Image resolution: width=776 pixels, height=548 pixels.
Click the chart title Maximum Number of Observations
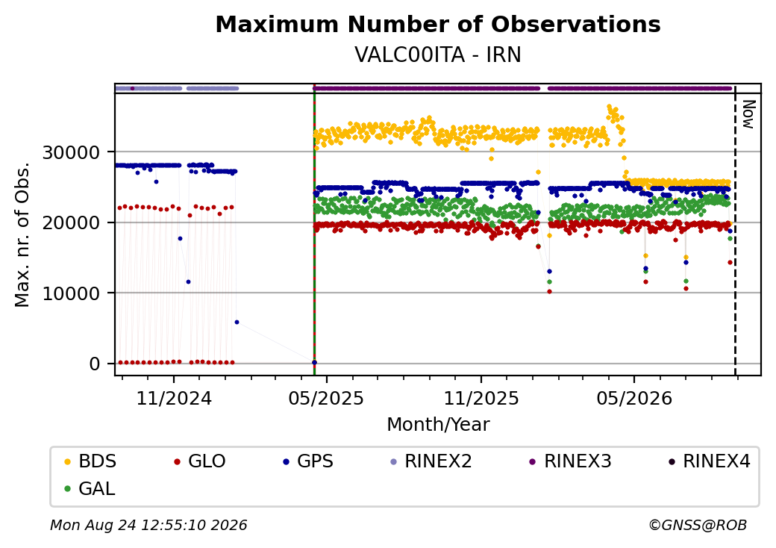coord(438,24)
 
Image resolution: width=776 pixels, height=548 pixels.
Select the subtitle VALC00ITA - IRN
coord(438,55)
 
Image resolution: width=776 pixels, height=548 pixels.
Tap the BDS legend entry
coord(90,461)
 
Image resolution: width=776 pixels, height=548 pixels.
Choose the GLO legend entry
coord(200,461)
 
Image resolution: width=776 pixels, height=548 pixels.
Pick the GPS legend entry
coord(308,461)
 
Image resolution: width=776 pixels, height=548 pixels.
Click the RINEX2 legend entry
coord(431,461)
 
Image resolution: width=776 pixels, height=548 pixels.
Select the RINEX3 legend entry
coord(571,461)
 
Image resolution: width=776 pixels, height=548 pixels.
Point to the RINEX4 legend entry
coord(709,461)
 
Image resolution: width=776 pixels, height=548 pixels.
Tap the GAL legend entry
coord(90,488)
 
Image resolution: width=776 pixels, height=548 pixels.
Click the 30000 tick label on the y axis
coord(72,152)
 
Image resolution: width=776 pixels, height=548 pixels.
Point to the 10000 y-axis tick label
coord(72,293)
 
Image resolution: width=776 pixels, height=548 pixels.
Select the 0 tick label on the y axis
coord(95,364)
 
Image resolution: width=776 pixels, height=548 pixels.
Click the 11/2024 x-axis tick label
coord(174,398)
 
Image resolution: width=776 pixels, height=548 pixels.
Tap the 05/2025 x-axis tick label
coord(326,398)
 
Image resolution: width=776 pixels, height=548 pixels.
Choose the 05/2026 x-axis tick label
coord(634,398)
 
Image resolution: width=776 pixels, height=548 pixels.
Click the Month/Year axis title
coord(438,424)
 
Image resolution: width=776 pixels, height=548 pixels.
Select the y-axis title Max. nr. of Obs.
coord(22,234)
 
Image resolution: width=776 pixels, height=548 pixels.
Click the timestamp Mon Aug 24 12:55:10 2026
coord(148,525)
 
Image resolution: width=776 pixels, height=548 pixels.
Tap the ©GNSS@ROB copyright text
coord(698,525)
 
